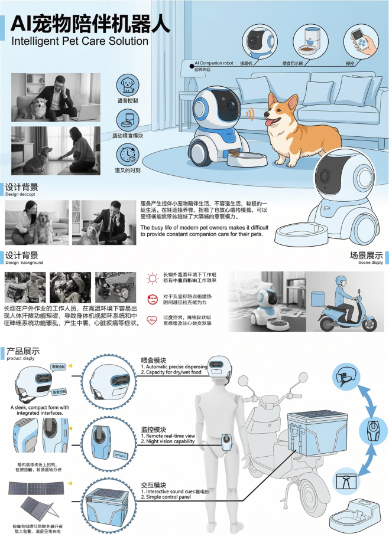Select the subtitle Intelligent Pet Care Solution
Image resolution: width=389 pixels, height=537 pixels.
pyautogui.click(x=80, y=41)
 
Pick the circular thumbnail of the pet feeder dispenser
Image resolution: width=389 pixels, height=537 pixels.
pyautogui.click(x=310, y=41)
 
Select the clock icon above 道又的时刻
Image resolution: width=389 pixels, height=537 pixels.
pyautogui.click(x=127, y=155)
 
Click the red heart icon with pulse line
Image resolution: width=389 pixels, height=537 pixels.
pyautogui.click(x=151, y=319)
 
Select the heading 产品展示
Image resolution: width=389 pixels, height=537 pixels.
pyautogui.click(x=22, y=351)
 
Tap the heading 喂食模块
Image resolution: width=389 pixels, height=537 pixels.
pyautogui.click(x=153, y=360)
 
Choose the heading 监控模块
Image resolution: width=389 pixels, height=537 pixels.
pyautogui.click(x=153, y=429)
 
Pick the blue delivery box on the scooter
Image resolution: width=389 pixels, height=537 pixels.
pyautogui.click(x=312, y=434)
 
